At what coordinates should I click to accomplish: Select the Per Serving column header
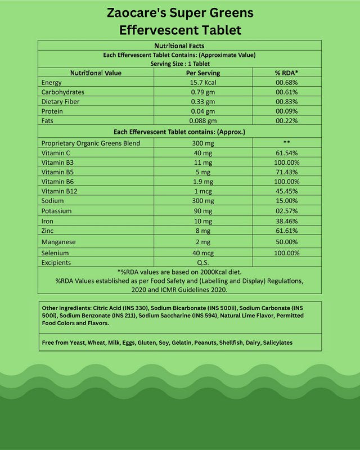tap(202, 73)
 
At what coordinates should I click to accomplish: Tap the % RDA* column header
tap(286, 73)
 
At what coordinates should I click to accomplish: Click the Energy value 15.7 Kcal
tap(202, 83)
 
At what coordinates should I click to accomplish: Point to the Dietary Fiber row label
tap(60, 102)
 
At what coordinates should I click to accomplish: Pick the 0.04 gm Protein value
tap(202, 111)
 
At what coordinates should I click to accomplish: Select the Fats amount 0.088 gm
tap(202, 121)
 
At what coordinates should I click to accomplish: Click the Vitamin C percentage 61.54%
tap(286, 152)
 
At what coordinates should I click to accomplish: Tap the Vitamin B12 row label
tap(59, 191)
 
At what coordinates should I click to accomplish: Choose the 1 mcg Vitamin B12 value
tap(202, 191)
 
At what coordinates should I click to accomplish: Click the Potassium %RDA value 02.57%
tap(286, 211)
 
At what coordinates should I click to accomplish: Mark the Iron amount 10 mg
tap(202, 220)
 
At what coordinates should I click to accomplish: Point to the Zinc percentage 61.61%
tap(286, 230)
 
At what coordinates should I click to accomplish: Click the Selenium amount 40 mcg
tap(202, 253)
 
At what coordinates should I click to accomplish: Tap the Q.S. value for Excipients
tap(202, 263)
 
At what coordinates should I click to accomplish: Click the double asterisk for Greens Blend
tap(286, 143)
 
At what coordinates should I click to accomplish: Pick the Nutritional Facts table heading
tap(179, 46)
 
